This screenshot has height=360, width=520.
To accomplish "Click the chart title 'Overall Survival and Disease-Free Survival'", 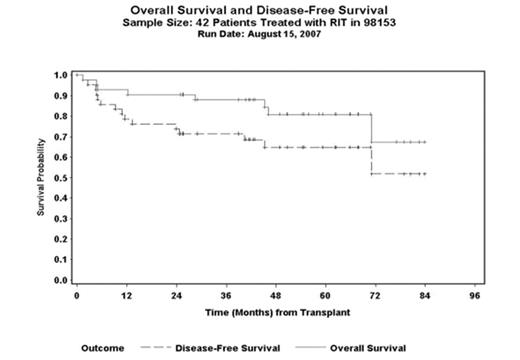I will click(x=261, y=9).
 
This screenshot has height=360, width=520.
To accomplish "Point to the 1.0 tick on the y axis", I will click(x=61, y=75).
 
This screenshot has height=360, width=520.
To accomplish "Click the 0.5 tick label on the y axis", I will click(x=61, y=178).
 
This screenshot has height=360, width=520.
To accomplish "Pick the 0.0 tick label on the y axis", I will click(x=61, y=281).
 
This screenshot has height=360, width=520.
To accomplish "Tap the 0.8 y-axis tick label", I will click(x=61, y=116).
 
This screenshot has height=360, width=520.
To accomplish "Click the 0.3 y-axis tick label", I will click(x=61, y=219).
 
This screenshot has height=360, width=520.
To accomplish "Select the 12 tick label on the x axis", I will click(x=126, y=297).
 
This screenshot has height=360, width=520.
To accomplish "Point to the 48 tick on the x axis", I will click(x=276, y=297).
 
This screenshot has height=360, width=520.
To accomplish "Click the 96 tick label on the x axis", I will click(x=475, y=297).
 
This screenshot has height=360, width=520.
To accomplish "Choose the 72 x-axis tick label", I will click(x=376, y=297).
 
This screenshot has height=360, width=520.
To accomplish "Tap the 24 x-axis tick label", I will click(x=176, y=297).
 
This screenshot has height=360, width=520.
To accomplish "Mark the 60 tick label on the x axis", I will click(x=326, y=297).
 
